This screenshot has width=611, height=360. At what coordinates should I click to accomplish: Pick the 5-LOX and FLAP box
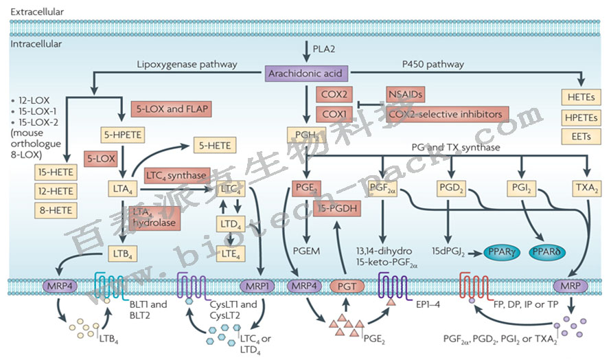click(170, 108)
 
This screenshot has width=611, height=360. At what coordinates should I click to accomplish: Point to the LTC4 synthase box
click(175, 176)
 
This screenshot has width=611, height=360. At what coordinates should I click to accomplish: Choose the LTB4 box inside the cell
click(121, 256)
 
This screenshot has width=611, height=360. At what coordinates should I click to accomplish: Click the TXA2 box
click(587, 186)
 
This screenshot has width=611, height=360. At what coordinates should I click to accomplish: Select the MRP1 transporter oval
click(259, 284)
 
